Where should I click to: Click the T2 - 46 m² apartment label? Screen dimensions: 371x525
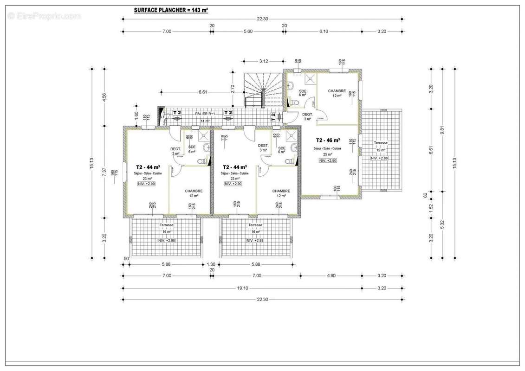[328, 140]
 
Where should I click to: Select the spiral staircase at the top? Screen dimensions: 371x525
[263, 90]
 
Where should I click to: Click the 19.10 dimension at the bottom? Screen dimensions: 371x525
[242, 288]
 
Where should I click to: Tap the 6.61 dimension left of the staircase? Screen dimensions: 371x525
[202, 92]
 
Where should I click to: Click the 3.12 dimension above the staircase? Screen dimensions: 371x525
[263, 61]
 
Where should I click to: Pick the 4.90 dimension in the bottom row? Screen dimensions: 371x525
[331, 276]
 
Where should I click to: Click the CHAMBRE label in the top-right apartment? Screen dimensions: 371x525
[337, 91]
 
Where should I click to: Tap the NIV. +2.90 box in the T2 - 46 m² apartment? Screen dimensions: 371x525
[328, 160]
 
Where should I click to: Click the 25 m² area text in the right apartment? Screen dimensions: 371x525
[328, 154]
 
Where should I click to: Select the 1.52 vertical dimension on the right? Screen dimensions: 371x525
[431, 207]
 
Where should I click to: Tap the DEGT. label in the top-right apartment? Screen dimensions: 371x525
[307, 114]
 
